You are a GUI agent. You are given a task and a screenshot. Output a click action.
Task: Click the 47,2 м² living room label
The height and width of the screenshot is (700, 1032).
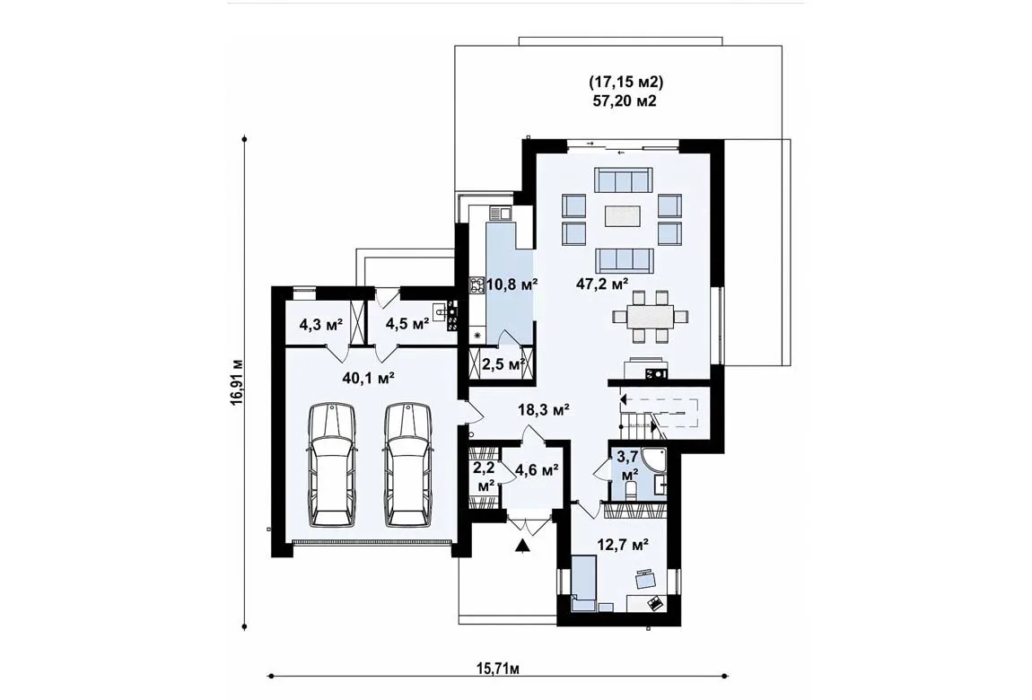point(601,284)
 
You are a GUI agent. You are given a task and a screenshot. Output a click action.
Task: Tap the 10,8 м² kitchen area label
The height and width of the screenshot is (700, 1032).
point(512,284)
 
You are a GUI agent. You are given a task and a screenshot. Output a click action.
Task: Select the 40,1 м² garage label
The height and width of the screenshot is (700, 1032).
point(369,377)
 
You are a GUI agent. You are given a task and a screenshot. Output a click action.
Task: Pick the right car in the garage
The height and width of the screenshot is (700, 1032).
point(408,465)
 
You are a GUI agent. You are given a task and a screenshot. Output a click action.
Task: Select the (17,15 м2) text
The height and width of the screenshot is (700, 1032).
point(625,83)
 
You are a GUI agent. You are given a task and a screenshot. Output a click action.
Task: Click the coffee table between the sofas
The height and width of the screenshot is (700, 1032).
point(623,215)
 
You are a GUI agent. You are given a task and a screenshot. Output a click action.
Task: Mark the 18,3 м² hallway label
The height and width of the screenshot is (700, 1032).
point(543,410)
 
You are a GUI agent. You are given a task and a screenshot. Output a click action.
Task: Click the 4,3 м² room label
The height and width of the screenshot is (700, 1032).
point(321,324)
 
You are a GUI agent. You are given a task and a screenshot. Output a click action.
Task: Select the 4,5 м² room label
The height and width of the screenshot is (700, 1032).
point(407,324)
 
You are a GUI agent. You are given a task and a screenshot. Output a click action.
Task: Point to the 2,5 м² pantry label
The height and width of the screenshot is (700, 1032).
point(503,363)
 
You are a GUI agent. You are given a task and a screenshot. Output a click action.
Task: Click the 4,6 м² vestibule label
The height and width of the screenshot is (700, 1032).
point(537,469)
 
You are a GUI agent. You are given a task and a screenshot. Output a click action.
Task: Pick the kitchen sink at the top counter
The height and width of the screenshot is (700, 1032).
point(500,213)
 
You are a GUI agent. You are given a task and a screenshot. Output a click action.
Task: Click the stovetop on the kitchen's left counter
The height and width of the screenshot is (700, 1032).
point(477,284)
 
